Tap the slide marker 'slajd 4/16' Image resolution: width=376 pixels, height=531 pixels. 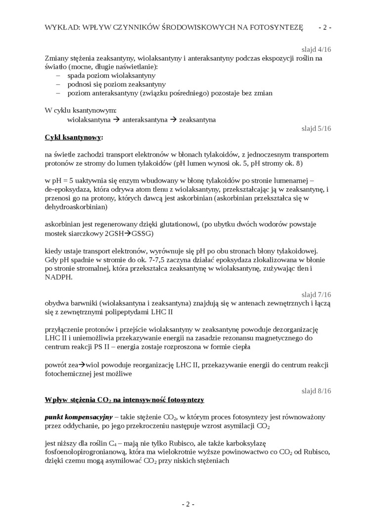[x=317, y=49]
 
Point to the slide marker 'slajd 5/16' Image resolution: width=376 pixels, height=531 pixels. [x=317, y=128]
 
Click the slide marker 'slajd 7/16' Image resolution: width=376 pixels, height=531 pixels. [x=317, y=294]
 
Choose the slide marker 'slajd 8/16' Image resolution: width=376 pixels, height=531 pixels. [x=317, y=391]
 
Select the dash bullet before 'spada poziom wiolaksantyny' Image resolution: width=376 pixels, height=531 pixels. [x=58, y=76]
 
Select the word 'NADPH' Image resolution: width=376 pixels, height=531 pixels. [x=58, y=278]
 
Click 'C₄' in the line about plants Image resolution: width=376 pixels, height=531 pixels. [x=112, y=444]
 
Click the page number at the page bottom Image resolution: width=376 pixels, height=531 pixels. [x=188, y=504]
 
